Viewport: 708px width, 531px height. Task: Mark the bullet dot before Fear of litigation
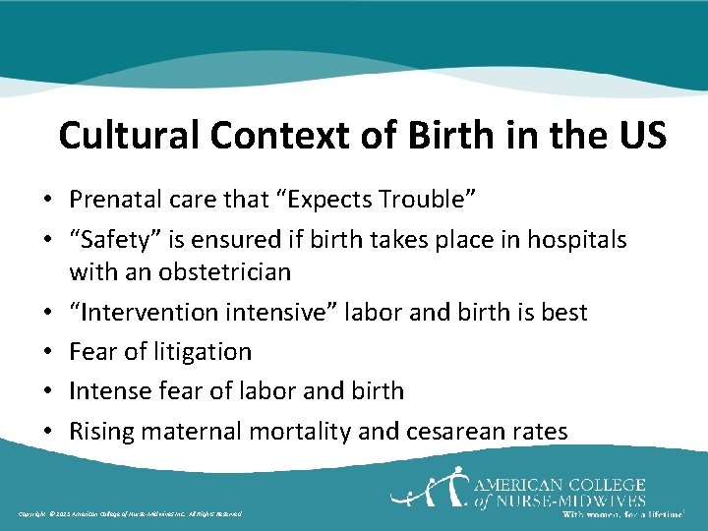click(48, 352)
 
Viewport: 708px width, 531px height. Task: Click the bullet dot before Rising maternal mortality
click(48, 431)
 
